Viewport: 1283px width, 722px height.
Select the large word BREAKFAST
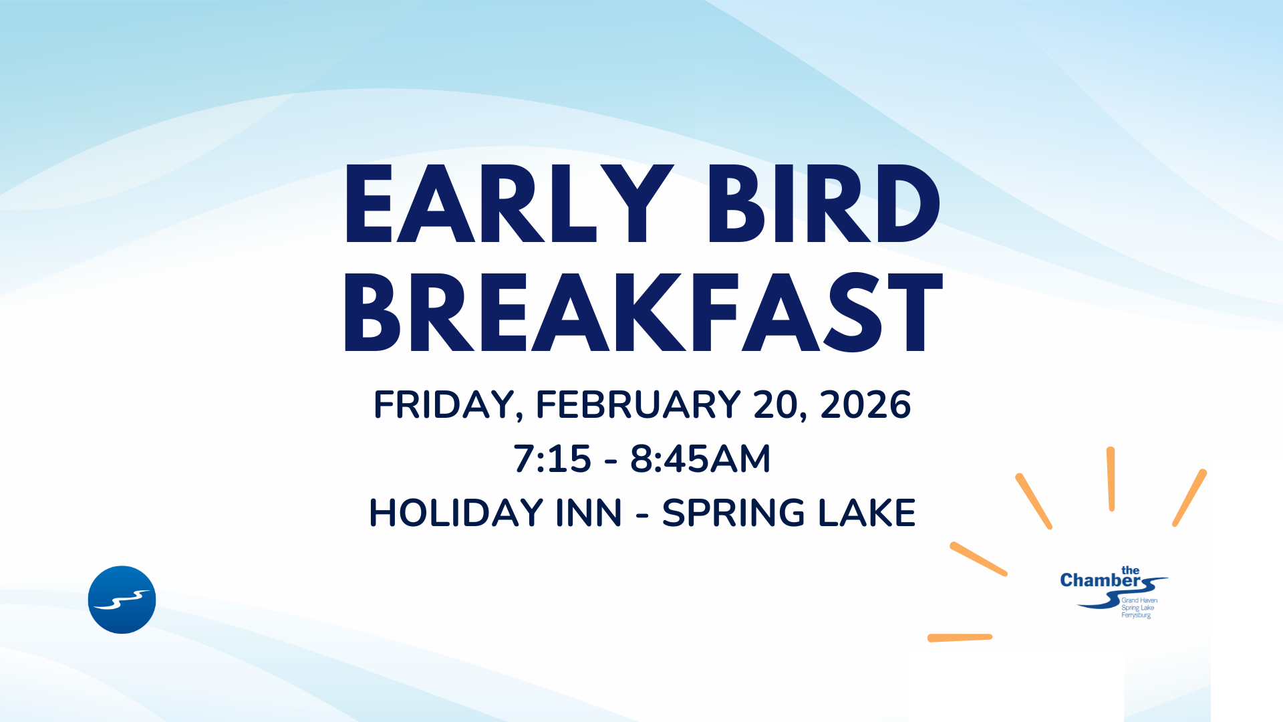(x=643, y=312)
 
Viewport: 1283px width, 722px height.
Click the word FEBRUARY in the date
(x=638, y=404)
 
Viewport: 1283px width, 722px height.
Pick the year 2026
(x=865, y=404)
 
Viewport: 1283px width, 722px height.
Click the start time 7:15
(x=553, y=459)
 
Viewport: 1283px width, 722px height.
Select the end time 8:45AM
(x=700, y=459)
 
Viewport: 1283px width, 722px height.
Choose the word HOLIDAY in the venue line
(x=456, y=513)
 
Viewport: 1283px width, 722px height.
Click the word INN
(x=589, y=513)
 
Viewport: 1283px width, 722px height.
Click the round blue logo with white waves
(x=122, y=600)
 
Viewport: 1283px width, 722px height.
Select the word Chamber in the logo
(x=1100, y=580)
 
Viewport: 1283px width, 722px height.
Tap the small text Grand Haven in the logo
(x=1139, y=600)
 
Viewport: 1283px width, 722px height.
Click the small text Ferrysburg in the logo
(x=1136, y=615)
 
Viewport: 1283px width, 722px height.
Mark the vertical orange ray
(x=1111, y=479)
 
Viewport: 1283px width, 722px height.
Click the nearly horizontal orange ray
(x=960, y=638)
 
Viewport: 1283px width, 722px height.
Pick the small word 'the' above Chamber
(x=1130, y=570)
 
